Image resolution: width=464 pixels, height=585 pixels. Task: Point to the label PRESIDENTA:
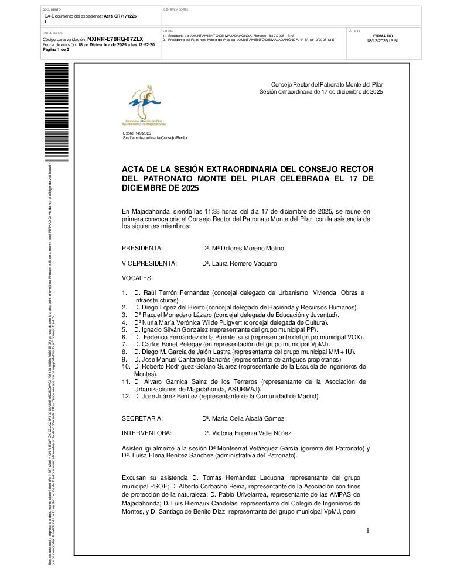[142, 248]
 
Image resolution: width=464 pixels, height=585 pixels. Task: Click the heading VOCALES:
[137, 278]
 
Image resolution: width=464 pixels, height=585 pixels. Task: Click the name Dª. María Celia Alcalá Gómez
[243, 418]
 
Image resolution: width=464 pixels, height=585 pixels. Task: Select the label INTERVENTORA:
[146, 433]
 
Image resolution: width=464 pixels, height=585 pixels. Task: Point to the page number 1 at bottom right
[368, 531]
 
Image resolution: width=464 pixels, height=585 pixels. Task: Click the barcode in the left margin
[49, 111]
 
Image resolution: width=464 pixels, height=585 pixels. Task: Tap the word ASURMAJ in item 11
[248, 388]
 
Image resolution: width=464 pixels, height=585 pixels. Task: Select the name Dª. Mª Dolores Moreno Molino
[243, 248]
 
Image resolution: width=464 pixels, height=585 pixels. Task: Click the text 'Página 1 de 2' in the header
[56, 50]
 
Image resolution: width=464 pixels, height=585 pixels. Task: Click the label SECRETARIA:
[142, 418]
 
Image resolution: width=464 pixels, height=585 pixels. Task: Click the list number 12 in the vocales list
[125, 396]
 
